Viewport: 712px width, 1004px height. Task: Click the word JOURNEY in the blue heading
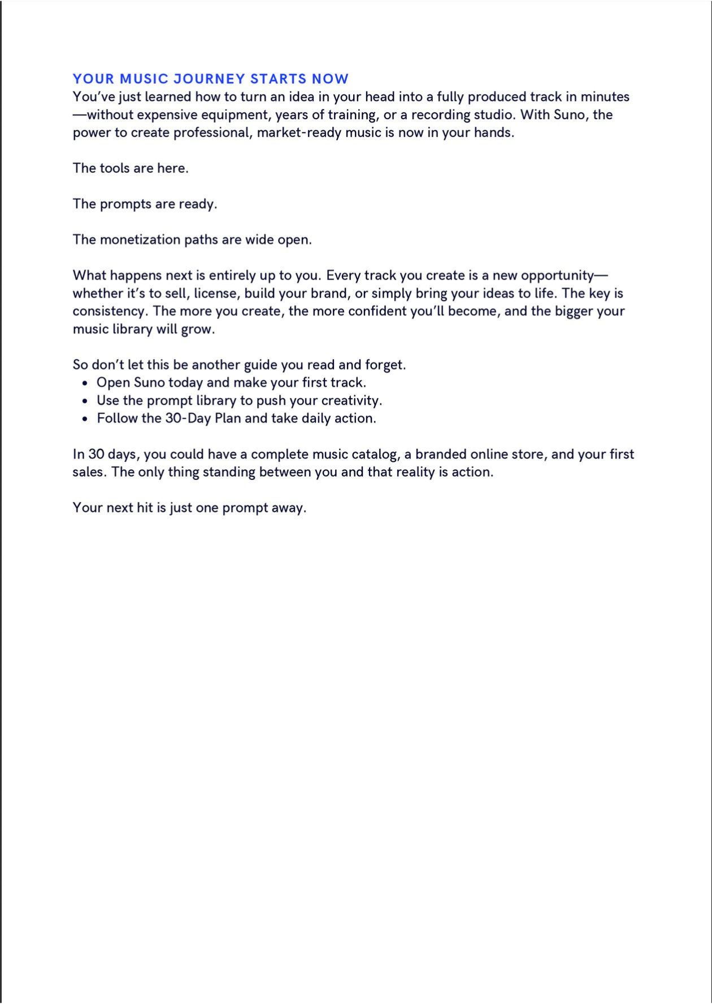[x=209, y=79]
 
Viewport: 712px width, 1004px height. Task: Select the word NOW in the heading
[x=331, y=79]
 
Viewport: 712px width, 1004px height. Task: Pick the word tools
[x=115, y=168]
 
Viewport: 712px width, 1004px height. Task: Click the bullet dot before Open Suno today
[x=85, y=383]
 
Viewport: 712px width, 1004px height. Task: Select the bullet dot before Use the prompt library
[x=85, y=401]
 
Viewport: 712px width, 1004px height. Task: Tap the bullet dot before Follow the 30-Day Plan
[x=85, y=419]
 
